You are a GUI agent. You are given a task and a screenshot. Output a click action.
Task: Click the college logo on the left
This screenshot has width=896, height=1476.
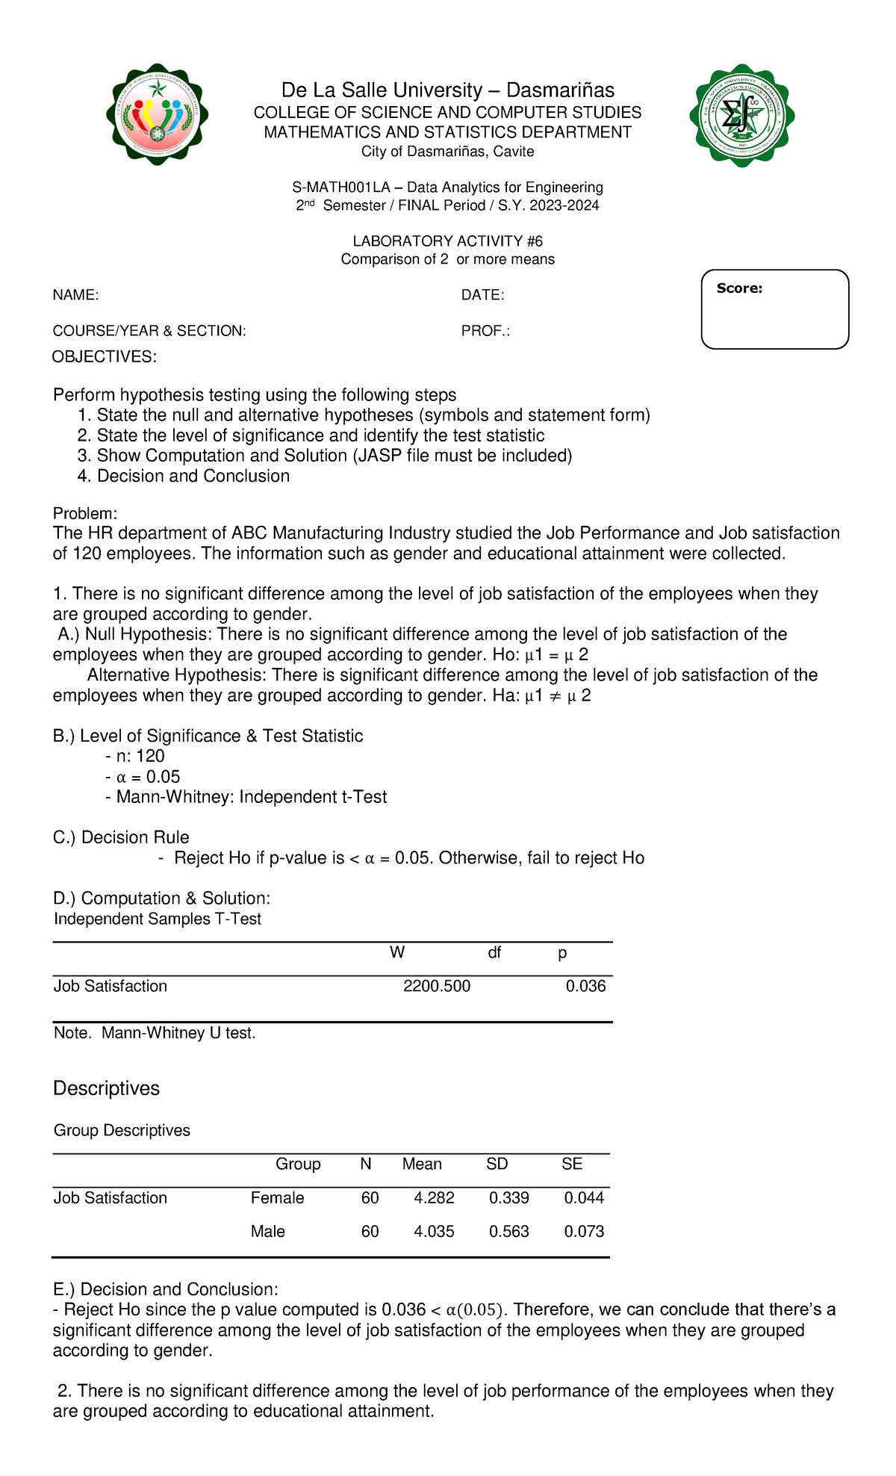[157, 114]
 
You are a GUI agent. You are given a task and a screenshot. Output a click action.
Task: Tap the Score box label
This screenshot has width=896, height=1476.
[739, 289]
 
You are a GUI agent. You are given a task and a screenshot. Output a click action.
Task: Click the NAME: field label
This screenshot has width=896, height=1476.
[75, 296]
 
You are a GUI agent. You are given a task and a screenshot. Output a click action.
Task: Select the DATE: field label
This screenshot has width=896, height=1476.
[482, 296]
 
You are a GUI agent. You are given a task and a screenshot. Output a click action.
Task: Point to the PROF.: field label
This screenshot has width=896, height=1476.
[485, 331]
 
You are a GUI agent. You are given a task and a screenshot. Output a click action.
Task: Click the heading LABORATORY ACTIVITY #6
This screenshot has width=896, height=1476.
[447, 241]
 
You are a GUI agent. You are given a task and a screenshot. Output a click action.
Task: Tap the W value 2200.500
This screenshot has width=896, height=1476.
[437, 987]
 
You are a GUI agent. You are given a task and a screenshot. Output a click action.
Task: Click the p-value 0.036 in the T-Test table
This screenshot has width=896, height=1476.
[585, 987]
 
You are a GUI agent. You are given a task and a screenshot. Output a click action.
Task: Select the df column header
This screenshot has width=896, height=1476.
[494, 953]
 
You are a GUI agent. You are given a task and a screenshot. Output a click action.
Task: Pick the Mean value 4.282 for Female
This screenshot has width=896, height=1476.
[434, 1198]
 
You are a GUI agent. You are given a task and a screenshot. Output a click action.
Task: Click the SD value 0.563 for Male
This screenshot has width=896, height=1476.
[508, 1232]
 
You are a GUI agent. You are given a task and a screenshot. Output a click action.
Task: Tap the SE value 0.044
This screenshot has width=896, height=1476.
[584, 1198]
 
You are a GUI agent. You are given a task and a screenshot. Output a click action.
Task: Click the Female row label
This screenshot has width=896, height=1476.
[277, 1198]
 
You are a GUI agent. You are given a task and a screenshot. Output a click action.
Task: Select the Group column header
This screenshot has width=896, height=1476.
[298, 1165]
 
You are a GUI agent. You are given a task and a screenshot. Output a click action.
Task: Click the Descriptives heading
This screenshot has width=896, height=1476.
[106, 1088]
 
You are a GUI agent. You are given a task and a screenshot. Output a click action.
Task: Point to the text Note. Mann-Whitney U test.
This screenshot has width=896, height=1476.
[155, 1034]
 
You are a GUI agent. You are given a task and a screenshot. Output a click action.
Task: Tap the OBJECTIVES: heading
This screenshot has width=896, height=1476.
[105, 357]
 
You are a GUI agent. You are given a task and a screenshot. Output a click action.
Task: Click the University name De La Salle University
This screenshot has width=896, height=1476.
[447, 90]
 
